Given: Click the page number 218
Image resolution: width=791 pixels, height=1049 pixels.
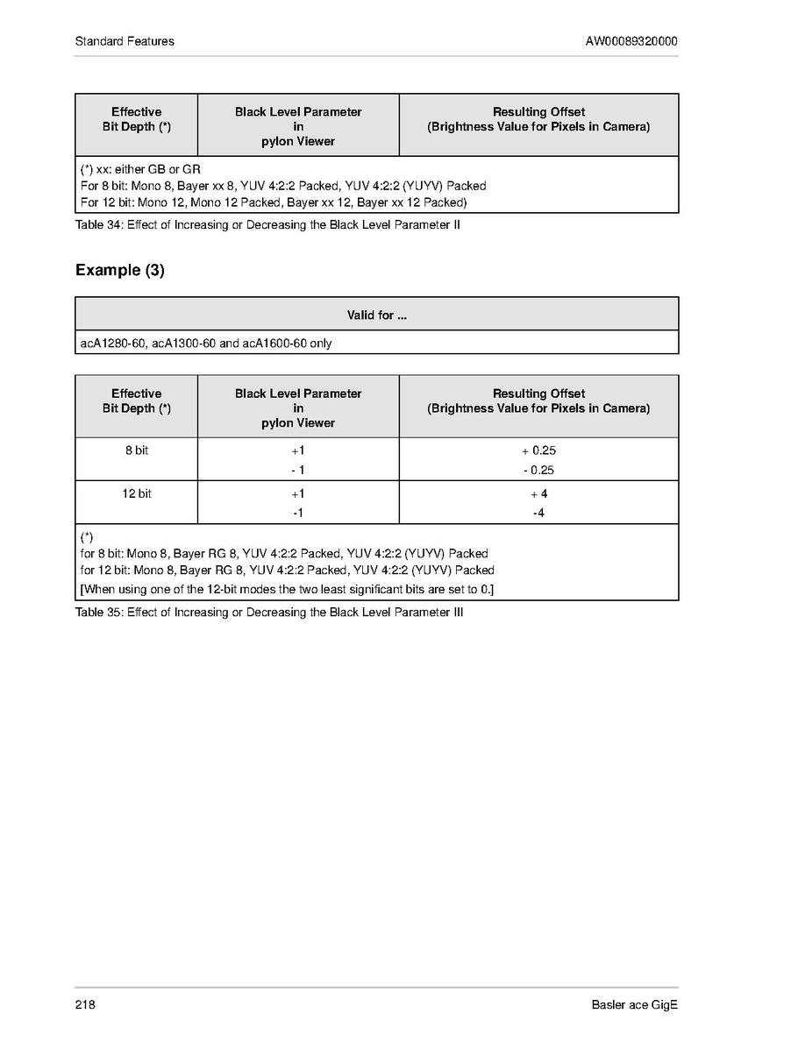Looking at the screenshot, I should coord(85,1005).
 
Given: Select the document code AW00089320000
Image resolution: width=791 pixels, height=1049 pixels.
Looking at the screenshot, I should coord(631,41).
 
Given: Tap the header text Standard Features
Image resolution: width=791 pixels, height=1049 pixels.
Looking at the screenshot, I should coord(125,41).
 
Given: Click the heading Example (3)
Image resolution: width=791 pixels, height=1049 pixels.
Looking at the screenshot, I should coord(120,270).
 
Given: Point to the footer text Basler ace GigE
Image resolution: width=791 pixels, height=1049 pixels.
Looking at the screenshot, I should coord(635,1005).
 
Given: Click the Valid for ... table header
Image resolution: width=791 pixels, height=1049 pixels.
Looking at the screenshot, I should coord(376,315).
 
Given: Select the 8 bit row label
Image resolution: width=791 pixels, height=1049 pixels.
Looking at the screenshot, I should coord(136,450).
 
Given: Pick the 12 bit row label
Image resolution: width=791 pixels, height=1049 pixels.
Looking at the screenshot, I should coord(136,493).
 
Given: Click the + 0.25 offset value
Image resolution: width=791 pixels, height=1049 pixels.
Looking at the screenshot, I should coord(538,450).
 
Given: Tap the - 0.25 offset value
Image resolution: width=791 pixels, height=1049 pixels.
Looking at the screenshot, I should coord(538,470).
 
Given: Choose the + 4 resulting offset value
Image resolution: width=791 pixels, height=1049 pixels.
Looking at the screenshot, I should coord(538,493).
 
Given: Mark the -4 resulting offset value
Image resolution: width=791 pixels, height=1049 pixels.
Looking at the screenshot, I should coord(538,513).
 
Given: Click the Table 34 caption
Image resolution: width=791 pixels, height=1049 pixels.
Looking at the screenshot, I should coord(267,224).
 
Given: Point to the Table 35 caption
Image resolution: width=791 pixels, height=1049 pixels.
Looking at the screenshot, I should coord(269,612).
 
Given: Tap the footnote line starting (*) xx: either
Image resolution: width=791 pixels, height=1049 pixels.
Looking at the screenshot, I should coord(140,168).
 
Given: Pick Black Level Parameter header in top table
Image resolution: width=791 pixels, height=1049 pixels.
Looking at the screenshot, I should coord(298,126).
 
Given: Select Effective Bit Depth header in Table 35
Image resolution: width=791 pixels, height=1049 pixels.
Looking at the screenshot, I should coord(136,400).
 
